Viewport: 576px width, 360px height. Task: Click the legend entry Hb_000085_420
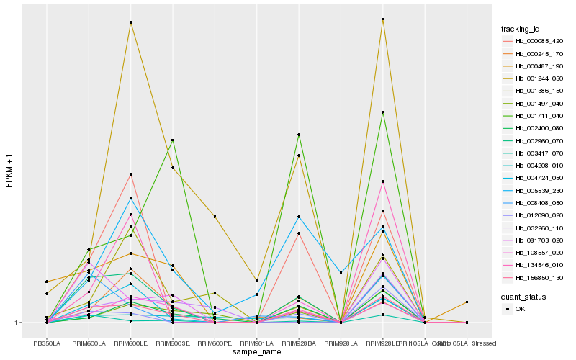click(x=539, y=41)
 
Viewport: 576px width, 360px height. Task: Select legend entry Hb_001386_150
click(x=539, y=90)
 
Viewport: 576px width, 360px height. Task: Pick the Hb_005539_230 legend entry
click(x=539, y=191)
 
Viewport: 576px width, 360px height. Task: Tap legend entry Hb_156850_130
click(x=539, y=277)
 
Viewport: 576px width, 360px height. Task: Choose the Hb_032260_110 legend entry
click(x=539, y=228)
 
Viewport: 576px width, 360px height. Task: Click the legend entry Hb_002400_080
click(x=539, y=127)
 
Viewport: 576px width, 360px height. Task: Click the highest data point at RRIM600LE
click(x=130, y=22)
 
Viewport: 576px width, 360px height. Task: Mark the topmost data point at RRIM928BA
click(x=298, y=135)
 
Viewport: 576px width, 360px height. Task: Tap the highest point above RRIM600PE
click(x=215, y=217)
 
